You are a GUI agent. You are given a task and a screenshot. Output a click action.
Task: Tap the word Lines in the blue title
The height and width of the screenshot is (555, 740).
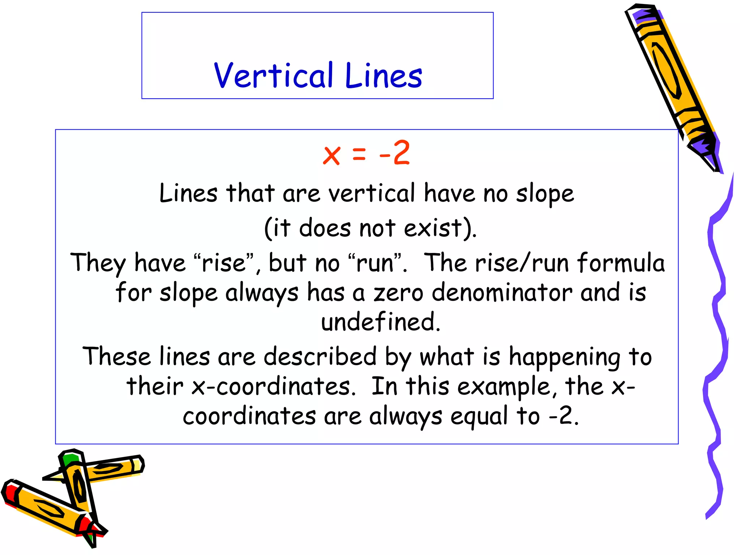pos(383,76)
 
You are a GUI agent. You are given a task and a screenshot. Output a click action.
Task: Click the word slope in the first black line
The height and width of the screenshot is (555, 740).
pos(545,194)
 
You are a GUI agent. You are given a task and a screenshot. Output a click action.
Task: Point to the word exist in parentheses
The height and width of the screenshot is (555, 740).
pos(434,228)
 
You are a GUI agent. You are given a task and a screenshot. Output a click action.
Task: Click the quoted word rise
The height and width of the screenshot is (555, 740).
pos(223,263)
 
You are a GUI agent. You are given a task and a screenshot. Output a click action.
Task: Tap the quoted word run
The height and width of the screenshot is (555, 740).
pos(375,263)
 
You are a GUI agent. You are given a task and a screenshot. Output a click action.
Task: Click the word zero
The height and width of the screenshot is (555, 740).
pos(398,292)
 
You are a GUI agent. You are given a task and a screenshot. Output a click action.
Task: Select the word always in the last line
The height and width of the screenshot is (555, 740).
pos(405,417)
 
